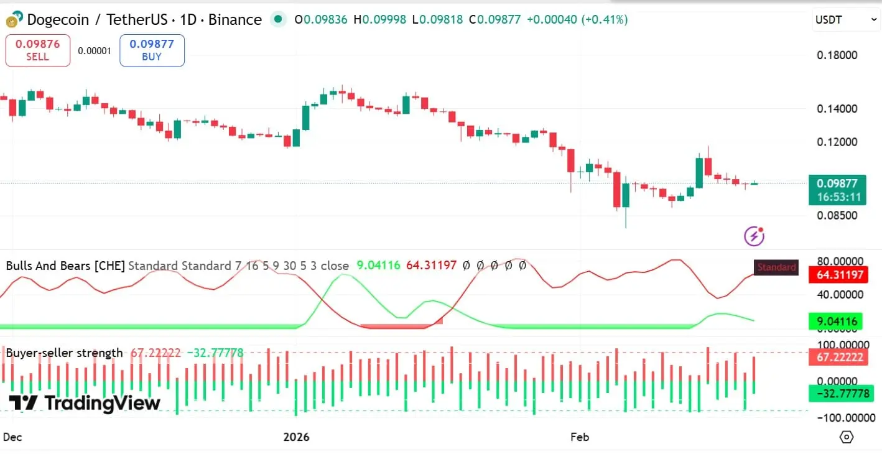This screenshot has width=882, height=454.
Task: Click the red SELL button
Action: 37,50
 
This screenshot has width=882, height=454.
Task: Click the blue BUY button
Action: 152,50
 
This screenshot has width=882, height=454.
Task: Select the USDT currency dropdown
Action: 845,20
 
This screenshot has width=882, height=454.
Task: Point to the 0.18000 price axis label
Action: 837,55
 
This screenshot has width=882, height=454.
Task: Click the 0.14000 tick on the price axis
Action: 837,109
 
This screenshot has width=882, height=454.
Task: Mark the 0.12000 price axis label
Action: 837,142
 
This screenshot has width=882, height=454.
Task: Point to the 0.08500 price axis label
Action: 837,216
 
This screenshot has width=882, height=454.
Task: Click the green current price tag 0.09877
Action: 837,190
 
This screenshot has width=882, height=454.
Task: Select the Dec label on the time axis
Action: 12,437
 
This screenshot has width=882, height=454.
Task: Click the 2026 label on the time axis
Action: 296,437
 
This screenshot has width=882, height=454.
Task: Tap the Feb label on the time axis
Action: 580,437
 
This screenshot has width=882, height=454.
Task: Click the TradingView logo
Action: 85,403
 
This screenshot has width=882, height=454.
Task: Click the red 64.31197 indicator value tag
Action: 837,275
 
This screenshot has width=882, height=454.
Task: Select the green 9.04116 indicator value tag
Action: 837,322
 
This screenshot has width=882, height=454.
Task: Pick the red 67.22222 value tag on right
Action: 837,357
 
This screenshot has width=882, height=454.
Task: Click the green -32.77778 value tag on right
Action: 837,394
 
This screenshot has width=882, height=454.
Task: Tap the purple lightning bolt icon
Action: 754,236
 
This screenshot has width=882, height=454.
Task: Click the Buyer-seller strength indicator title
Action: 64,353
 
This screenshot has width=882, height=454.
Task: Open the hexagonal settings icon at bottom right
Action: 846,437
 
